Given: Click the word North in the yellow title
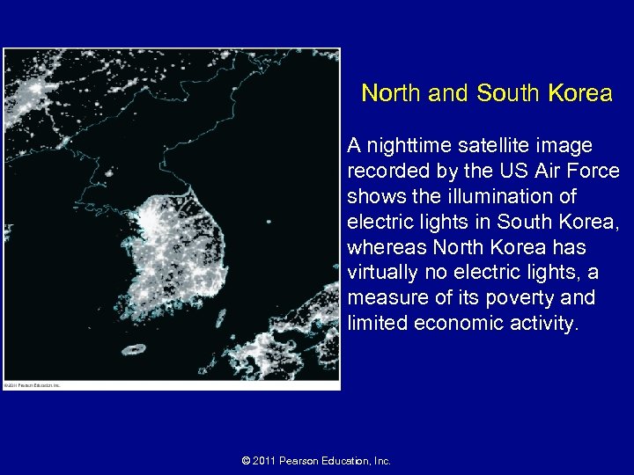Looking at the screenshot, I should pyautogui.click(x=391, y=93).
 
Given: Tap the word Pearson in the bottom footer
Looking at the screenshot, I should pyautogui.click(x=305, y=460).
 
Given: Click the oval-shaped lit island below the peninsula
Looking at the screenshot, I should pyautogui.click(x=134, y=349).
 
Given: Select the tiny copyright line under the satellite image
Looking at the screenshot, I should pyautogui.click(x=32, y=385).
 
